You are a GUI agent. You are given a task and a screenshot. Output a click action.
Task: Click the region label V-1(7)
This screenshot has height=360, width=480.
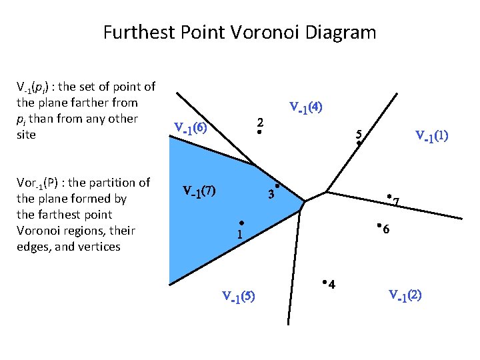[x=199, y=191]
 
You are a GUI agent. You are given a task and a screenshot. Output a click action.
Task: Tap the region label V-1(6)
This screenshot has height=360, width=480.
[x=190, y=127]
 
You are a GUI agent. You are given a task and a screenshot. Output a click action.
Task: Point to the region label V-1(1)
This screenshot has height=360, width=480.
[x=431, y=137]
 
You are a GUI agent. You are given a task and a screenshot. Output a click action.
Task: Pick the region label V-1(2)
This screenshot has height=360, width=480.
[x=405, y=295]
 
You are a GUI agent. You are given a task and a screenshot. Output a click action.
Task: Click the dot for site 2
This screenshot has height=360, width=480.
[x=259, y=133]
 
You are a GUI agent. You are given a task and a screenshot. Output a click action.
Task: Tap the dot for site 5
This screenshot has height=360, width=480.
[x=358, y=143]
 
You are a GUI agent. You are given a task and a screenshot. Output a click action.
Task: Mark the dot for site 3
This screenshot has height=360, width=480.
[x=277, y=185]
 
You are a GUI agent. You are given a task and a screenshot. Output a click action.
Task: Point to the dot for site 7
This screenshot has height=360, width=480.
[x=389, y=197]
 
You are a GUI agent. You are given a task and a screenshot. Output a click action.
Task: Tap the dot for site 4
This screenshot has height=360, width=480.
[x=323, y=283]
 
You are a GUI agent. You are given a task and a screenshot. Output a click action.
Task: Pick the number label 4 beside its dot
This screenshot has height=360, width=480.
[x=332, y=285]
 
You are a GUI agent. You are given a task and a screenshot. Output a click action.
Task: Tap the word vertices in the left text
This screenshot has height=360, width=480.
[x=98, y=247]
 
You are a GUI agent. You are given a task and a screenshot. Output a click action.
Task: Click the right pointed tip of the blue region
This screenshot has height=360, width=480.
[x=305, y=201]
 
